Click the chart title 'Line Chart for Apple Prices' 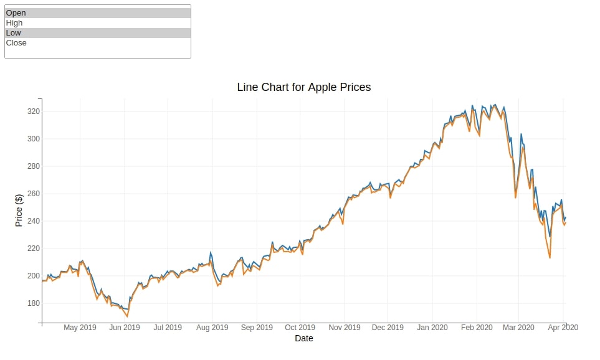tap(304, 87)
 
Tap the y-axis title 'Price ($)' tap(19, 211)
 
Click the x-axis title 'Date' tap(304, 338)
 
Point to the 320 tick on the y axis tap(33, 111)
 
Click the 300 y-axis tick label tap(33, 139)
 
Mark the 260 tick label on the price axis tap(33, 194)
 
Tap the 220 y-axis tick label tap(33, 249)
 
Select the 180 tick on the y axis tap(33, 303)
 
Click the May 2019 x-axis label tap(80, 328)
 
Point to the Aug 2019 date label tap(212, 328)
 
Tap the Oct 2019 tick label tap(300, 328)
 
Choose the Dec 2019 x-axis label tap(388, 328)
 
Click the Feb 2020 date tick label tap(477, 328)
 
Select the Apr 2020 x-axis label tap(563, 328)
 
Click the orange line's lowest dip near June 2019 tap(128, 316)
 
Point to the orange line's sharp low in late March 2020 tap(550, 258)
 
